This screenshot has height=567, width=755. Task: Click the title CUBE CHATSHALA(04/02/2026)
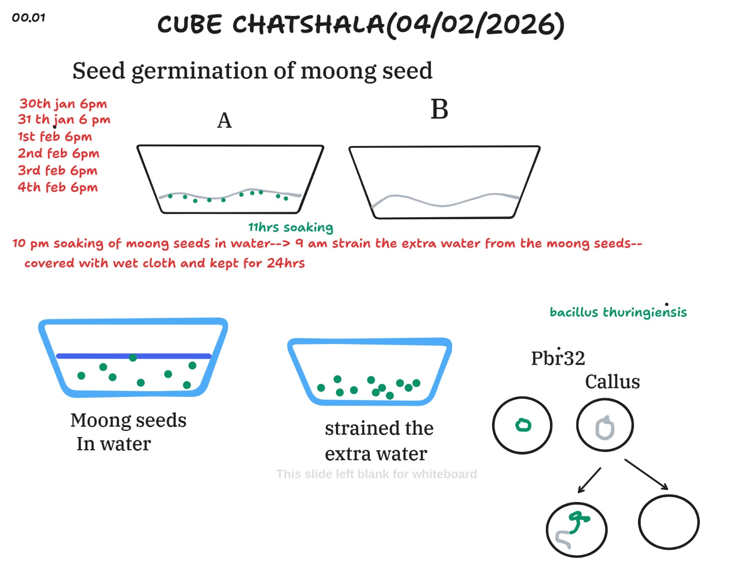pyautogui.click(x=361, y=25)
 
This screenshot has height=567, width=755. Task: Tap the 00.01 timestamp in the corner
pyautogui.click(x=28, y=18)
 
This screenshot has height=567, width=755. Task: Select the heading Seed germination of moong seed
pyautogui.click(x=252, y=71)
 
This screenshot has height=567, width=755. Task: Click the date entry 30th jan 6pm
pyautogui.click(x=63, y=103)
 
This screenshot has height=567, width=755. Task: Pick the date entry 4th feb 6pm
pyautogui.click(x=58, y=187)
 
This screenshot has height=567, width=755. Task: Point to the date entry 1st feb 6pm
pyautogui.click(x=55, y=137)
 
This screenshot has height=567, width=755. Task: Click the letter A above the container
pyautogui.click(x=224, y=120)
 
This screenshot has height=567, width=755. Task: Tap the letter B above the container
pyautogui.click(x=439, y=110)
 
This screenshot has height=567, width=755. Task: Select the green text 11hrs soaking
pyautogui.click(x=291, y=227)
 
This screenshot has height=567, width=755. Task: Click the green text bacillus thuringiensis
pyautogui.click(x=618, y=312)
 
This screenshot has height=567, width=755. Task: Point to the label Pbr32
pyautogui.click(x=558, y=358)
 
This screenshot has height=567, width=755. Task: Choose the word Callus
pyautogui.click(x=612, y=382)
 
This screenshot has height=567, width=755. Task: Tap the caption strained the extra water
pyautogui.click(x=378, y=441)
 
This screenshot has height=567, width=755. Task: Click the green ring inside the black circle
pyautogui.click(x=523, y=425)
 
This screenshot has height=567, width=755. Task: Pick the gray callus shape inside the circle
pyautogui.click(x=605, y=428)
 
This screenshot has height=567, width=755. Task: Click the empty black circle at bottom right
pyautogui.click(x=669, y=522)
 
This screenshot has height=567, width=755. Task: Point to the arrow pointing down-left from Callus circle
pyautogui.click(x=589, y=481)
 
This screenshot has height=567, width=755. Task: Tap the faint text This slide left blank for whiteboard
pyautogui.click(x=376, y=474)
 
